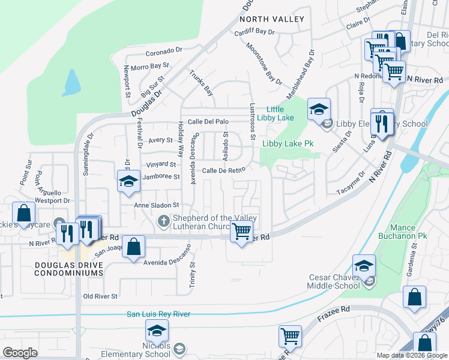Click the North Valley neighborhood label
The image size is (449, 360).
pos(272,19)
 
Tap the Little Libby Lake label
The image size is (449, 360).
pos(276,113)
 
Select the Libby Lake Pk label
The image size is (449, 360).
pos(288,144)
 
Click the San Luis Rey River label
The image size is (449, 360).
pos(158,314)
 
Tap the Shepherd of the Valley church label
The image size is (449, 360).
pos(214,221)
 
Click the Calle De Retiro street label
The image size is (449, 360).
pos(223,170)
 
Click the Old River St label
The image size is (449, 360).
pos(100,296)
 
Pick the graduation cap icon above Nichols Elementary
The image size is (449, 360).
pos(157,330)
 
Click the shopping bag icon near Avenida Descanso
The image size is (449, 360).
pos(134,246)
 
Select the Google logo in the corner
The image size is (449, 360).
pos(20,353)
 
